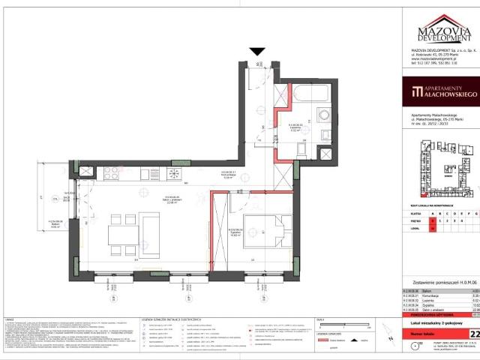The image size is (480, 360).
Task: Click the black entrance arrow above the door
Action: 257,52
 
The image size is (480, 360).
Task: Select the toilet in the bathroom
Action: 325,152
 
